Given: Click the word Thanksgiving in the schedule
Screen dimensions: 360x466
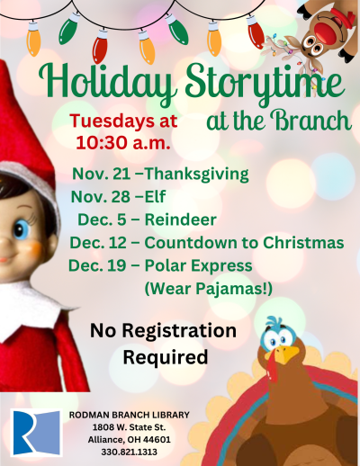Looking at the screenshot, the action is click(197, 175).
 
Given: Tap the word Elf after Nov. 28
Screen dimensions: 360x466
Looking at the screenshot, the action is click(155, 196).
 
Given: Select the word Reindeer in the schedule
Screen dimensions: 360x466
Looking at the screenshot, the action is click(181, 220).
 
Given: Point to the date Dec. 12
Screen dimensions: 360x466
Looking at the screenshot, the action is click(98, 243).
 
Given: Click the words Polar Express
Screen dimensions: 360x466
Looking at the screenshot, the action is click(199, 266).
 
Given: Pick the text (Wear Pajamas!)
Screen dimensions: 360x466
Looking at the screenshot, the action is click(209, 289).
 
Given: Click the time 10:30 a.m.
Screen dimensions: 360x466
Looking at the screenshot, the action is click(123, 143).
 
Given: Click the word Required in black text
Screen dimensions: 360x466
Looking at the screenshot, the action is click(166, 357).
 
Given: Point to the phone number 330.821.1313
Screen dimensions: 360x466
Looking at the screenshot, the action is click(129, 452).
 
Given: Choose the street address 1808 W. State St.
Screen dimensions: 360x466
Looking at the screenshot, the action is click(129, 427).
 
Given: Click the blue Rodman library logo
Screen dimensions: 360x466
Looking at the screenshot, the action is click(36, 432).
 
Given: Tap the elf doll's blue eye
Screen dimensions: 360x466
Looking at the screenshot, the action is click(22, 229).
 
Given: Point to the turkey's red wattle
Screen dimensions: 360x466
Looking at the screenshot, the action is click(272, 367).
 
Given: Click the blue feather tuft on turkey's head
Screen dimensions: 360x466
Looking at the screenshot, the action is click(274, 323).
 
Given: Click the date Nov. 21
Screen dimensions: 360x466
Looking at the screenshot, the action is click(102, 175).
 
